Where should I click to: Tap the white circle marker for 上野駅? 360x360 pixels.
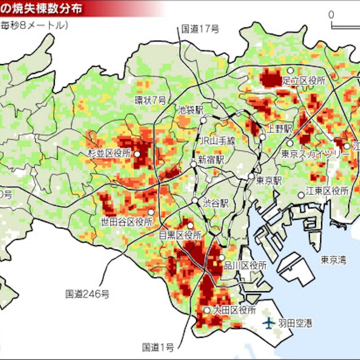click(262, 137)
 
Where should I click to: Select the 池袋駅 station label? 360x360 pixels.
click(190, 110)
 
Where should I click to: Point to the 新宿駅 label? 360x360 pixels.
click(211, 159)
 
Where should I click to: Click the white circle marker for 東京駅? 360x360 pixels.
click(251, 176)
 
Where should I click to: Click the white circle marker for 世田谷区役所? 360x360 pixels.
click(151, 212)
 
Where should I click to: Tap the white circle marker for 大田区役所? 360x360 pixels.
click(206, 310)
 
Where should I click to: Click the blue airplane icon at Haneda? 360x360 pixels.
click(268, 323)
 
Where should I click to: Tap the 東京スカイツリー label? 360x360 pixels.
click(309, 154)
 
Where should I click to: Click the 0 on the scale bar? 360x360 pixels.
click(331, 14)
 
